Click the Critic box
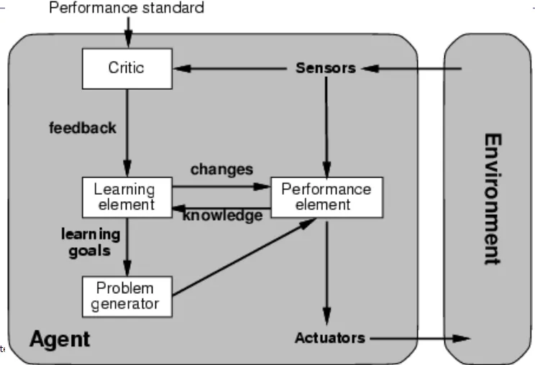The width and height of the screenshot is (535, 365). (127, 68)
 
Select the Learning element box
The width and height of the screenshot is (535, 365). (127, 197)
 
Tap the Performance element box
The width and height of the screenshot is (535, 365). (326, 197)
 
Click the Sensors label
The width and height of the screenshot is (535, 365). (326, 68)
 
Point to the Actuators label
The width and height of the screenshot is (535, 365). (329, 338)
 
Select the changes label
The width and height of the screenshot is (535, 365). (221, 170)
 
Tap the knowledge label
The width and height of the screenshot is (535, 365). (222, 216)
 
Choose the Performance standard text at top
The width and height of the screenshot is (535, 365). (126, 8)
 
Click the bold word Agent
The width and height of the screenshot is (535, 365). (60, 338)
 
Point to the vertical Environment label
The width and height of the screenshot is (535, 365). (490, 198)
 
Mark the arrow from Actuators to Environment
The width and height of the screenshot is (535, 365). (417, 338)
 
